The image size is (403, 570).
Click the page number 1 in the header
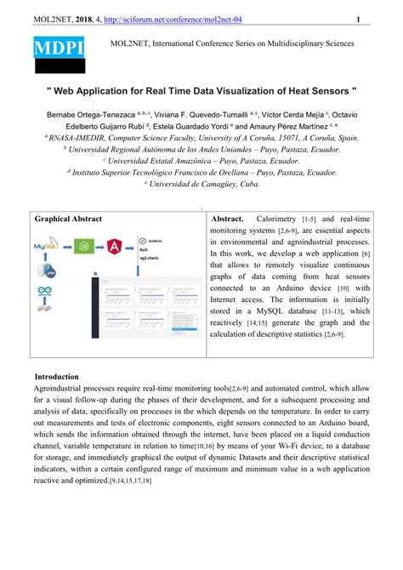coord(357,20)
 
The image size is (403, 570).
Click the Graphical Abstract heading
coord(68,219)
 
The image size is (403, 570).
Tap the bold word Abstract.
coord(227,219)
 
